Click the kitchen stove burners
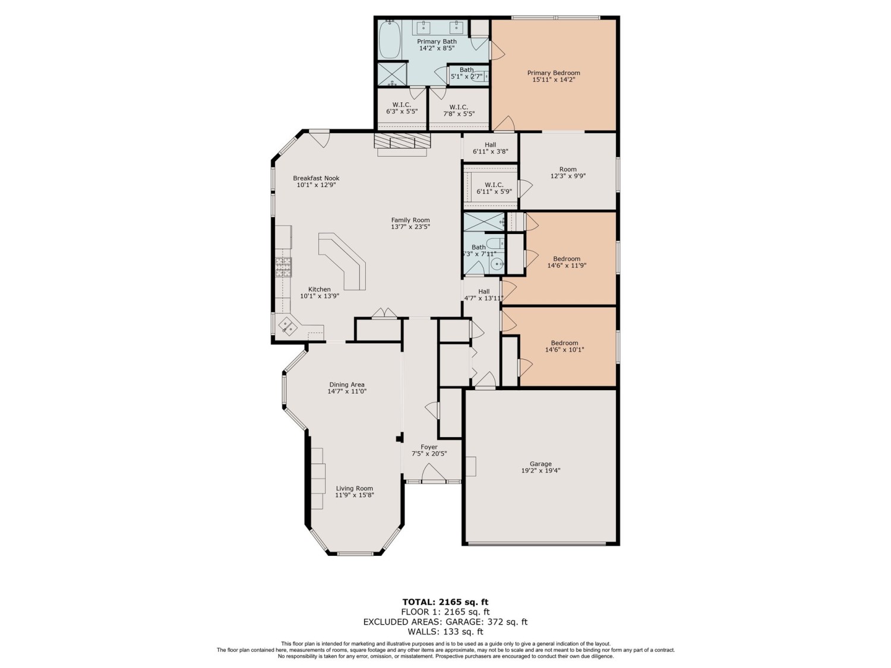point(283,268)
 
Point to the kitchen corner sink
point(289,326)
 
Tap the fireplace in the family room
point(402,142)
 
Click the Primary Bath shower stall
point(391,74)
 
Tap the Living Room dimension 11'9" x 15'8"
point(354,495)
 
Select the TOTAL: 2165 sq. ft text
point(445,602)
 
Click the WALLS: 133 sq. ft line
point(445,632)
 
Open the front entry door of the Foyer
point(433,473)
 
